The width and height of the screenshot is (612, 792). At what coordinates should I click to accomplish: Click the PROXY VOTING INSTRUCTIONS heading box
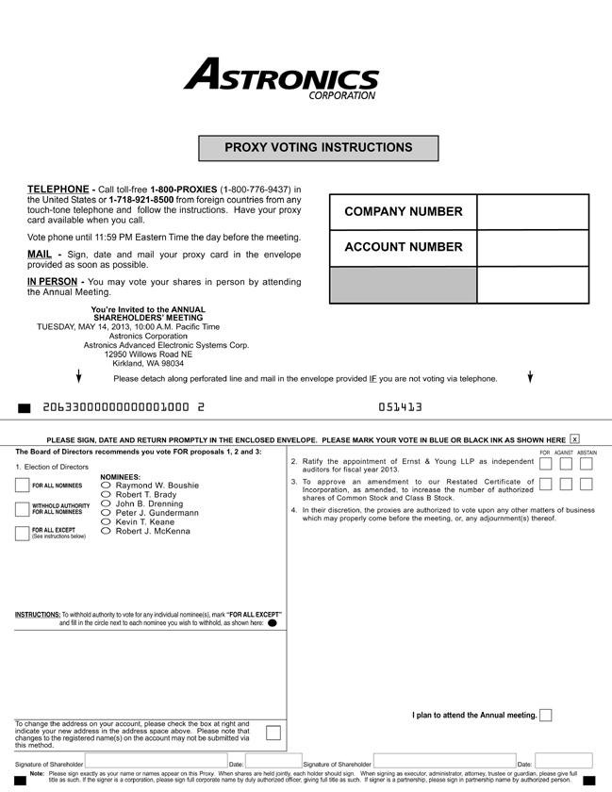click(x=318, y=148)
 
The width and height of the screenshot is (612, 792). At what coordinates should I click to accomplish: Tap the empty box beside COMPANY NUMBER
click(x=533, y=212)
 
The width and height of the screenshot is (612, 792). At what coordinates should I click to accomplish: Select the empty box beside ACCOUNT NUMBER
click(x=533, y=248)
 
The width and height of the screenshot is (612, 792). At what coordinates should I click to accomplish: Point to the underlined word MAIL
click(x=40, y=255)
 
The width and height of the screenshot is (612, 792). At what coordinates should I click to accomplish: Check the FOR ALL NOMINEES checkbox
click(x=23, y=486)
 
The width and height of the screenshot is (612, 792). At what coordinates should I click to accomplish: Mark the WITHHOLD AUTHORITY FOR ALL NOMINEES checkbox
click(x=23, y=510)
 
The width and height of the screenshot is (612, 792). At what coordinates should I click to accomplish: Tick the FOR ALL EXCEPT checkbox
click(x=23, y=534)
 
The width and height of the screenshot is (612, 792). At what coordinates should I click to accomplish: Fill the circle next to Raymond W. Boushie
click(x=107, y=486)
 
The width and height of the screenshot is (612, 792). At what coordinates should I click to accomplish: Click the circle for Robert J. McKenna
click(x=107, y=532)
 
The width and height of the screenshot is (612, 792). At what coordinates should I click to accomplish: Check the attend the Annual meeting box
click(x=546, y=716)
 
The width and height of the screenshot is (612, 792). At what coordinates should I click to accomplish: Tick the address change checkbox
click(x=273, y=733)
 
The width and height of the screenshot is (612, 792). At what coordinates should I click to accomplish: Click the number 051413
click(x=400, y=407)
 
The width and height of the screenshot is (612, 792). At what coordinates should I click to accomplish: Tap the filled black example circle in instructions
click(x=273, y=623)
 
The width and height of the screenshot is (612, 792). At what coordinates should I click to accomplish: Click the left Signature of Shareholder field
click(x=156, y=762)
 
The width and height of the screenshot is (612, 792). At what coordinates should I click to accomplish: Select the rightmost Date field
click(x=563, y=762)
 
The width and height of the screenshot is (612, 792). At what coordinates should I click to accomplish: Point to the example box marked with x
click(x=575, y=439)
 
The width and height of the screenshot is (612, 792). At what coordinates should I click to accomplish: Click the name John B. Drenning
click(x=149, y=503)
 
